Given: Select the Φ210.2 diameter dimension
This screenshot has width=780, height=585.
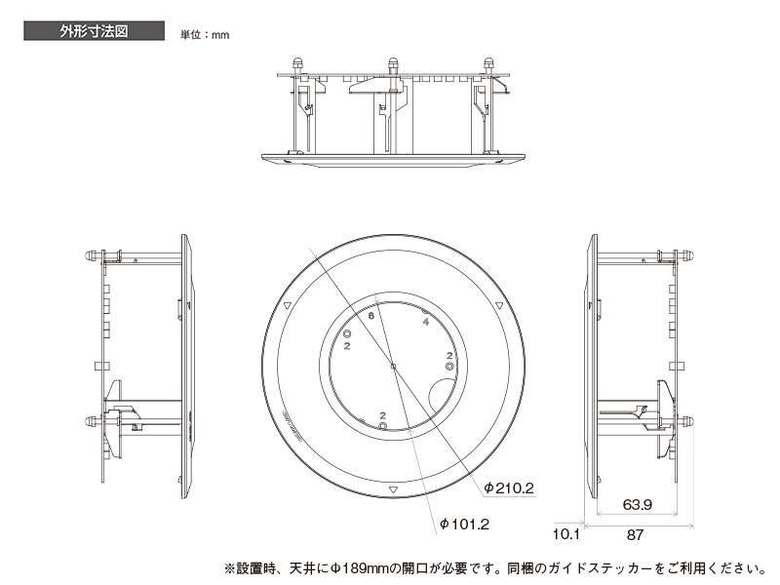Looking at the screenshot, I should (507, 486).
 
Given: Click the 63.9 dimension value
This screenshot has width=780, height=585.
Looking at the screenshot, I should (637, 505).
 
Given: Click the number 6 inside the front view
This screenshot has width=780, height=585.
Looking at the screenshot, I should (371, 316).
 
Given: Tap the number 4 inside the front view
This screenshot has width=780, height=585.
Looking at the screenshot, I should (426, 321).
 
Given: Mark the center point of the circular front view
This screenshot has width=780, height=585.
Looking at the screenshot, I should (392, 367).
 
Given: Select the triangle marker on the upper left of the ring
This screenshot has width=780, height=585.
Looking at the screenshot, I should (287, 306).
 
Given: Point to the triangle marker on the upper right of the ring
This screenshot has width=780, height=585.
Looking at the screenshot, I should (499, 306).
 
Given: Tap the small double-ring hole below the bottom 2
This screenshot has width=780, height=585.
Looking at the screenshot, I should (383, 426).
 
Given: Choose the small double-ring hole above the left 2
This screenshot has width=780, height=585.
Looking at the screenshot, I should (347, 333).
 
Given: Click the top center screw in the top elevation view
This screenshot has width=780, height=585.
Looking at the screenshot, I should (393, 65).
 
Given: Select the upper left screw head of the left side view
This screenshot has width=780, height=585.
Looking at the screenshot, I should (91, 257).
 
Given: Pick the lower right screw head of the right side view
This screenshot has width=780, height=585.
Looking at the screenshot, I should (686, 422).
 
